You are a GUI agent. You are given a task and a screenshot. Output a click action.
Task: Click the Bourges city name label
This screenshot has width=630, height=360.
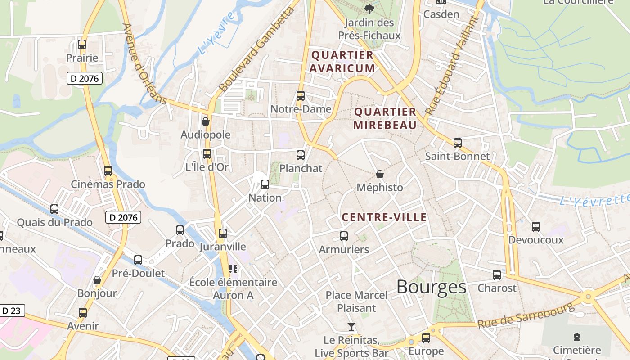[431, 287]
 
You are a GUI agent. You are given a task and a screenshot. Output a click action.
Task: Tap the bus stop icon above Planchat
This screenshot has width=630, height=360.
[301, 155]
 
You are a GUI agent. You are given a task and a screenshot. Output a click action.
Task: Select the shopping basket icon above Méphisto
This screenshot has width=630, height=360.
[380, 174]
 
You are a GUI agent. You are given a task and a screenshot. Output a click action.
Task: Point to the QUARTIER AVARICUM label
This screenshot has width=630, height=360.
[342, 62]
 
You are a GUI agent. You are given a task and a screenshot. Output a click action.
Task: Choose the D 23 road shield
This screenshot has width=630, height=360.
[12, 310]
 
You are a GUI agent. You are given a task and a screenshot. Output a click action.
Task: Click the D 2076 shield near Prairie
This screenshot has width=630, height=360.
[85, 78]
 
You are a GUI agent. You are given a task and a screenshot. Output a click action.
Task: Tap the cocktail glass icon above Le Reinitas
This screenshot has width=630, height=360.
[351, 326]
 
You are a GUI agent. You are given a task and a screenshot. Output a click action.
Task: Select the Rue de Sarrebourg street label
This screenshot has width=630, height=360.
[526, 315]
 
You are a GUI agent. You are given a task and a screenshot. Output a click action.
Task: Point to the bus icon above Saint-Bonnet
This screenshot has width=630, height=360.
[458, 143]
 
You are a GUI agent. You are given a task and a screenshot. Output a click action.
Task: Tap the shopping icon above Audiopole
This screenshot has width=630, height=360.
[206, 121]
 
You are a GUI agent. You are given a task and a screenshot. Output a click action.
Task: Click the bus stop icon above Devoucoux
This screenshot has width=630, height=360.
[535, 226]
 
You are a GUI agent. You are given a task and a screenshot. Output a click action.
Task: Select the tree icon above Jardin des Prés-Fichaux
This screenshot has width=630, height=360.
[369, 9]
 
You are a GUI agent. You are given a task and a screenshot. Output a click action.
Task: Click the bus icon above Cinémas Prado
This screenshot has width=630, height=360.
[108, 171]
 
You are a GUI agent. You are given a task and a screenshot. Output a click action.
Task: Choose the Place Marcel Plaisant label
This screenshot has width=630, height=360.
[356, 301]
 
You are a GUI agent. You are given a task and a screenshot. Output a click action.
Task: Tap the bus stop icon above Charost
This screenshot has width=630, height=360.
[497, 274]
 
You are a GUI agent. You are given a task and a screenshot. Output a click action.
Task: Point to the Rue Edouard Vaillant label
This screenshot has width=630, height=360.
[450, 65]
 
